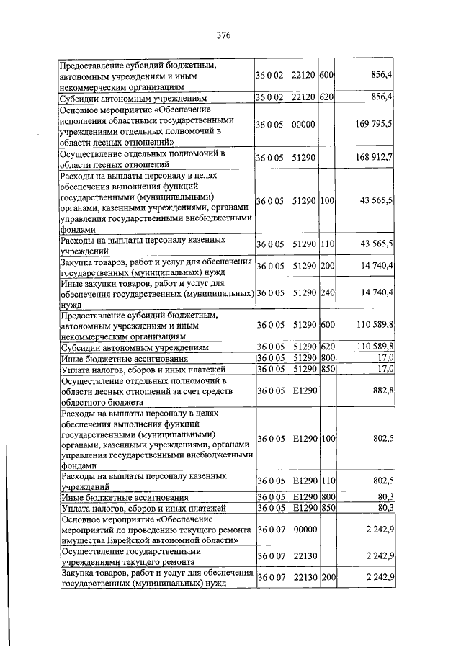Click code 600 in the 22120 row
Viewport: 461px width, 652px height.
click(x=326, y=75)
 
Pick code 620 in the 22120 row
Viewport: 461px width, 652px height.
click(x=326, y=97)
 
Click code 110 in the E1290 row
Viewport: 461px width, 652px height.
click(x=328, y=481)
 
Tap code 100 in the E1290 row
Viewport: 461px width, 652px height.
click(x=328, y=438)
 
